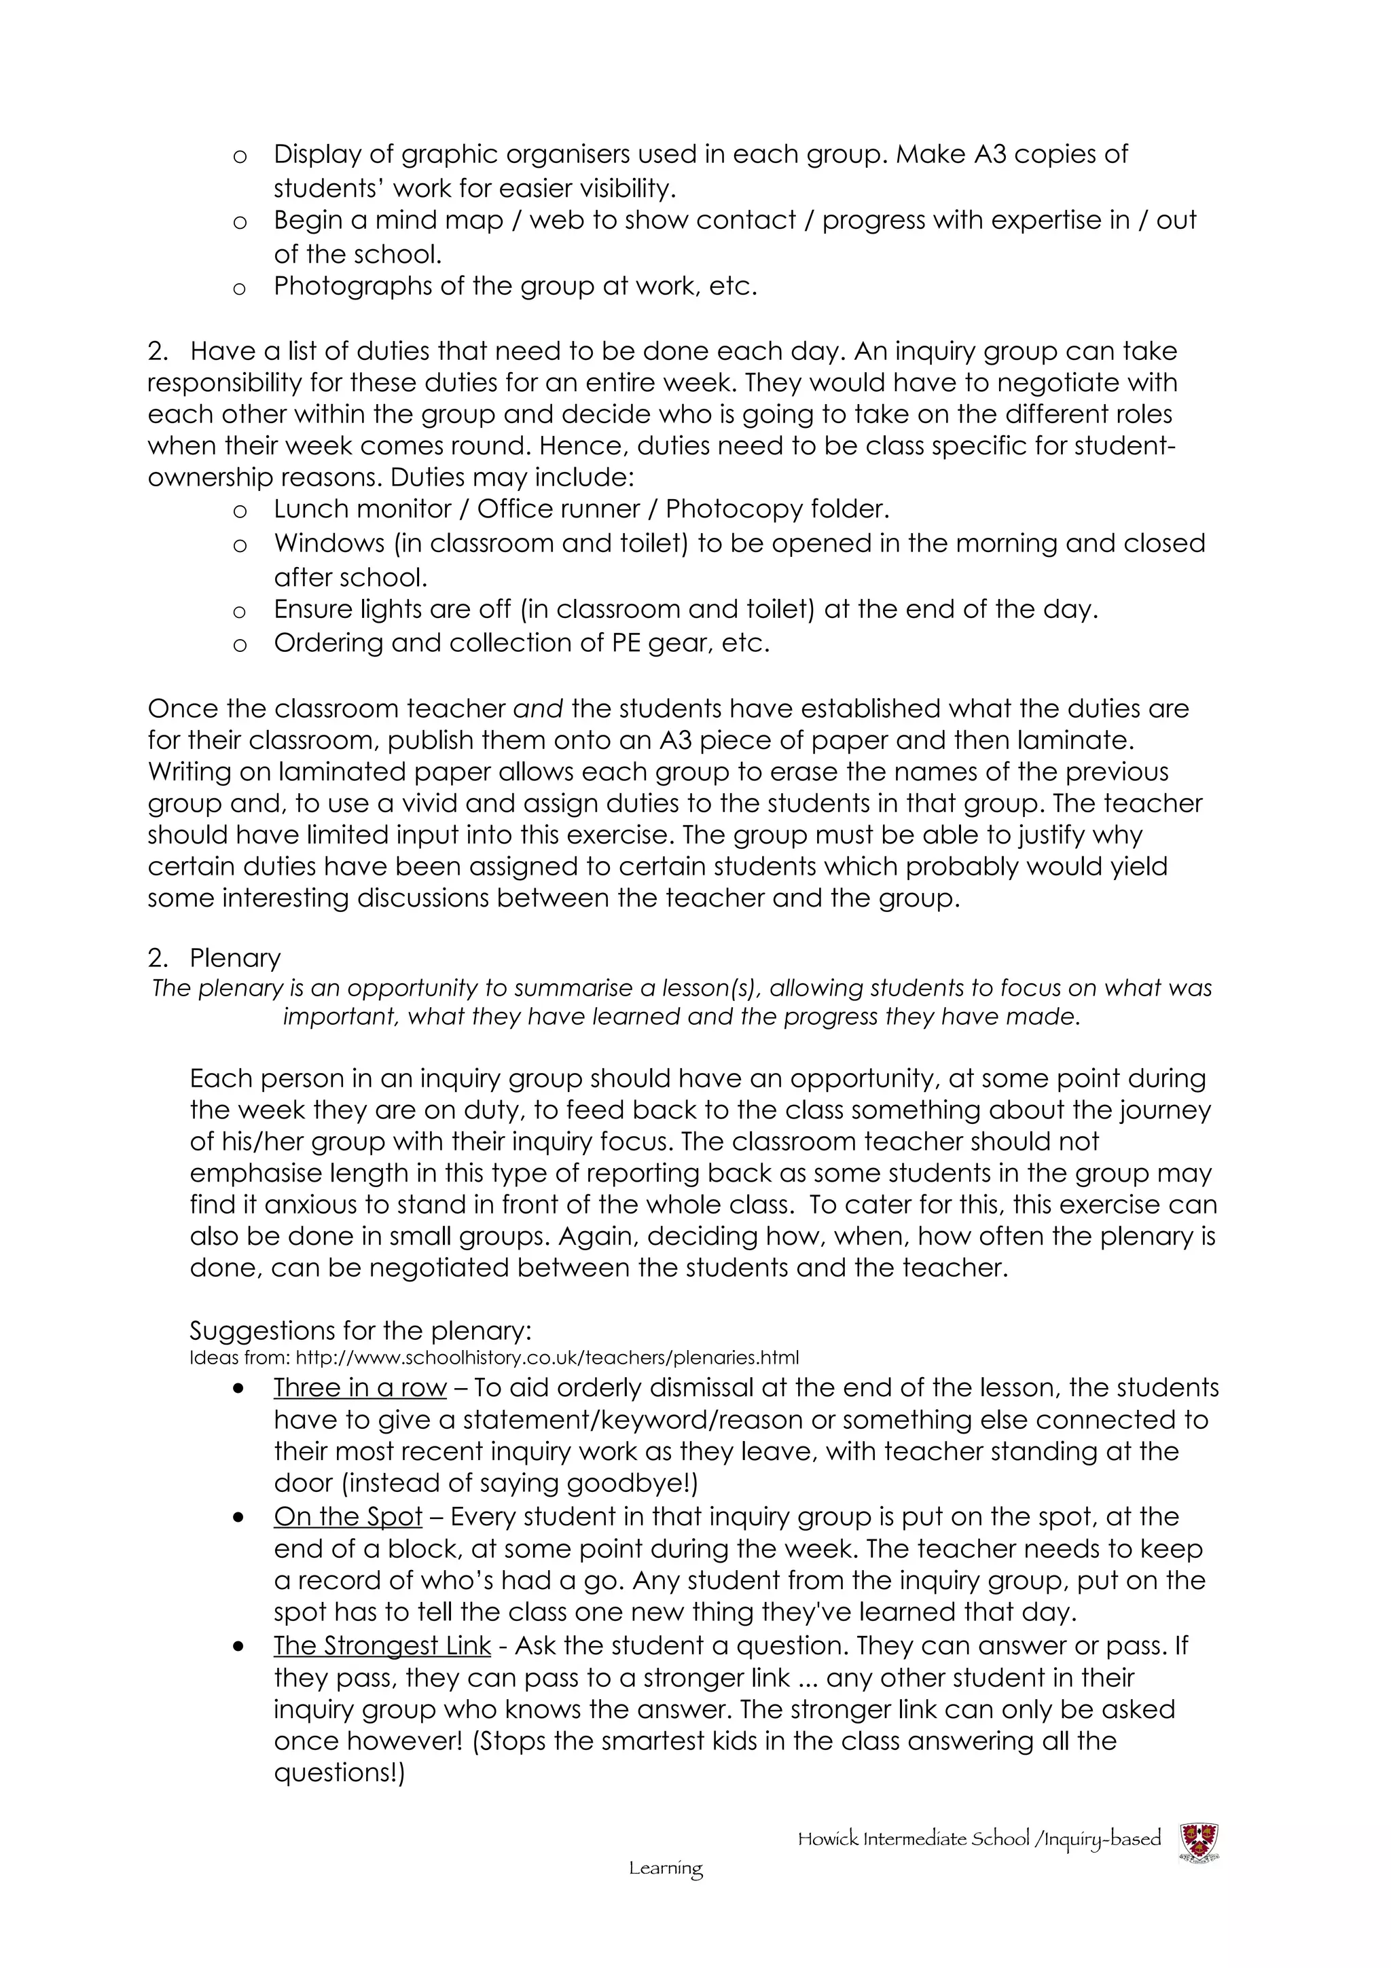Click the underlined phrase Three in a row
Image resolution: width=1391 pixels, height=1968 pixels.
[360, 1387]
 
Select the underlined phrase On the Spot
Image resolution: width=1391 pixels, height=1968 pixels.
[348, 1516]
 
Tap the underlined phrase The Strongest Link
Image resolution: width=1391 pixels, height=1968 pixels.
[382, 1645]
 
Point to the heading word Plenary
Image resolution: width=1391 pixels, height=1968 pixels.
[235, 958]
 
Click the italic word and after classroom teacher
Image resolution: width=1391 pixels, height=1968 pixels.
[537, 709]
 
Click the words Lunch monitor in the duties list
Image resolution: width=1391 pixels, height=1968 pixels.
[363, 509]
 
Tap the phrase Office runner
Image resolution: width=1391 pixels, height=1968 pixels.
[558, 509]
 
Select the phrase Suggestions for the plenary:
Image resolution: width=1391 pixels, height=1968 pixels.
[361, 1330]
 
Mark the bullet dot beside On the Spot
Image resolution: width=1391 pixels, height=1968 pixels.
[239, 1517]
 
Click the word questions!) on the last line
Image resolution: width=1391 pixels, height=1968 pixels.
[338, 1772]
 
